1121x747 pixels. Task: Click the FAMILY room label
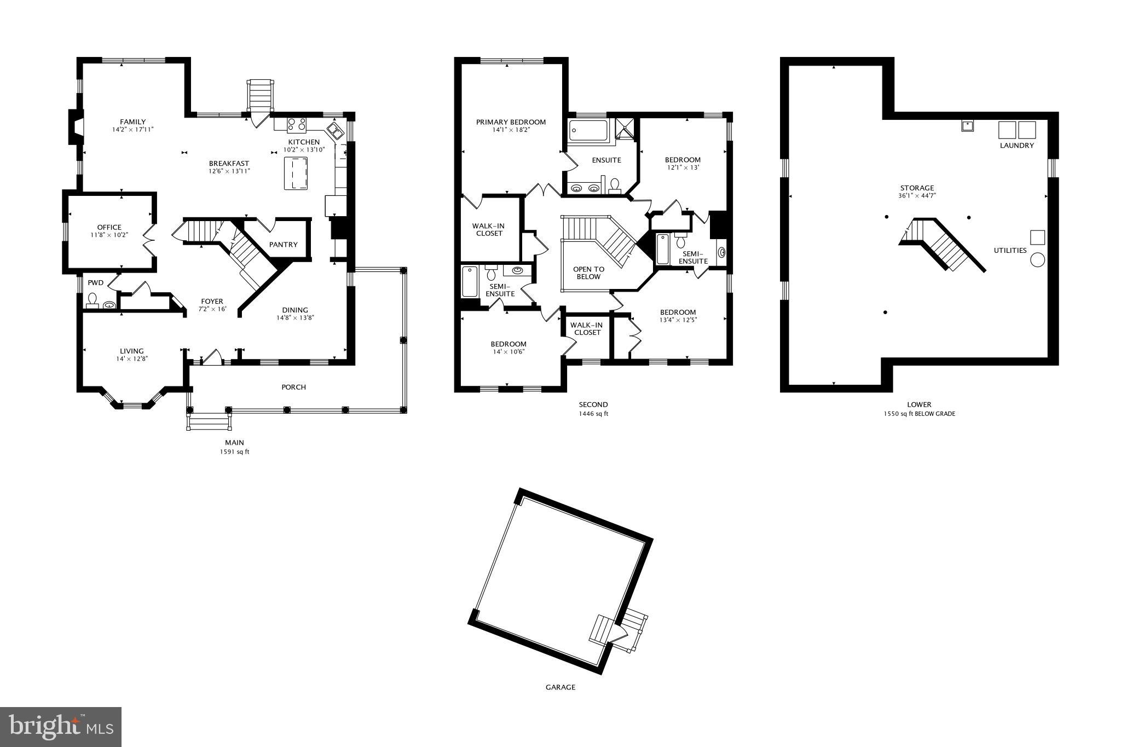pos(133,122)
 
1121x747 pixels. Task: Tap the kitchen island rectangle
pos(296,173)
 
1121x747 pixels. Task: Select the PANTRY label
pos(283,245)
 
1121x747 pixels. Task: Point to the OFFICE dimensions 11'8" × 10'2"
pos(109,235)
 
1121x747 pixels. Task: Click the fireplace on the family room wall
pos(75,127)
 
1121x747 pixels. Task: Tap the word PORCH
pos(293,387)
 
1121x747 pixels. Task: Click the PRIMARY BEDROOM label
pos(511,122)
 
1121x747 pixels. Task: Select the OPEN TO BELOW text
pos(588,273)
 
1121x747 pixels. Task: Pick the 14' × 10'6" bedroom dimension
pos(509,352)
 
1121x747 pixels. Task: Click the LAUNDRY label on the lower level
pos(1016,146)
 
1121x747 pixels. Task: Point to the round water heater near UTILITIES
pos(1037,259)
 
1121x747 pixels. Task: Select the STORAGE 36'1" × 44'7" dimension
pos(917,195)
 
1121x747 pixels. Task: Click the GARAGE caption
pos(560,687)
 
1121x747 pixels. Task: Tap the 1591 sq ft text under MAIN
pos(234,452)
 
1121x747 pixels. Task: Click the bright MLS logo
pos(61,726)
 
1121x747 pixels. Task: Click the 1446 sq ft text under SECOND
pos(593,414)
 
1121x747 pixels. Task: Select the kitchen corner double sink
pos(335,131)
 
